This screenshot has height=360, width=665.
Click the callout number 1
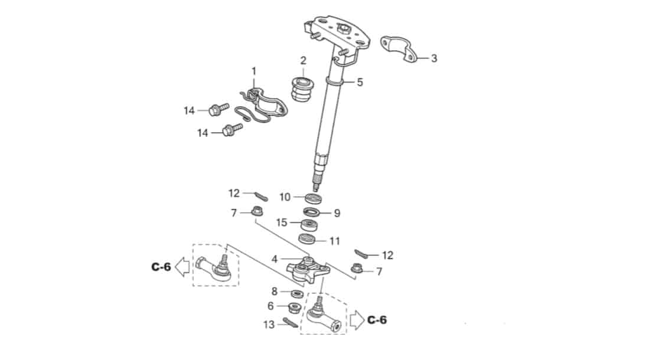[x=254, y=71]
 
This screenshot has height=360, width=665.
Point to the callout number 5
[x=360, y=82]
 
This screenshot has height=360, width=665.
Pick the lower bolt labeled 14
[x=233, y=129]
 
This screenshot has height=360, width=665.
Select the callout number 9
[x=337, y=213]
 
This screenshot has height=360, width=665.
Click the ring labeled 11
[x=307, y=239]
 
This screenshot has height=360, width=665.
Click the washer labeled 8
[x=297, y=293]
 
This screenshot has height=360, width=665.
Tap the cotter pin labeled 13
[x=291, y=323]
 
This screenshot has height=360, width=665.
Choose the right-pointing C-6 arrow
[x=357, y=319]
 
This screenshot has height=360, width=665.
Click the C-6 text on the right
[x=377, y=320]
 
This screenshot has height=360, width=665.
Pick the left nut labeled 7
[x=256, y=210]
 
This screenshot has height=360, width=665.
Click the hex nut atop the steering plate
[x=341, y=29]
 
